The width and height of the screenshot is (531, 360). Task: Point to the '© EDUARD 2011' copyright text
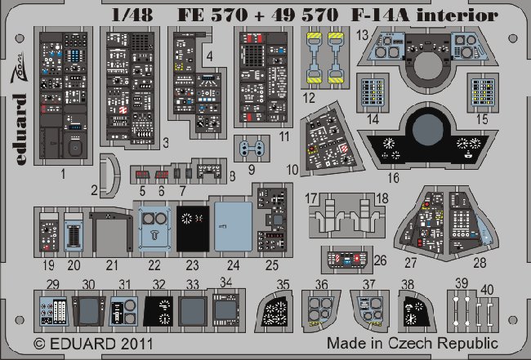77,344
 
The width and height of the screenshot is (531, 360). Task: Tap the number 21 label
113,264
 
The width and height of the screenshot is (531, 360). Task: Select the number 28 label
480,263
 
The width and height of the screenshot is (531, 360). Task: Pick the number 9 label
251,170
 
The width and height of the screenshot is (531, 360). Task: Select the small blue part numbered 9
252,149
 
